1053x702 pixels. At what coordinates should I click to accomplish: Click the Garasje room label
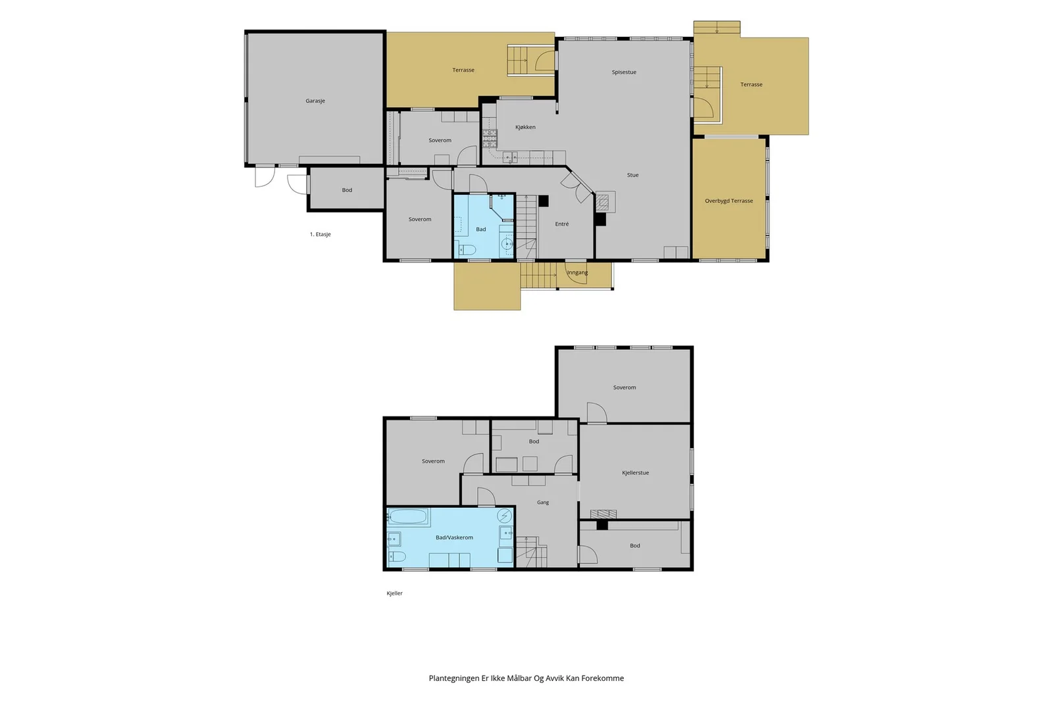pos(315,101)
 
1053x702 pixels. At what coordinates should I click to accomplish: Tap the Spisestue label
pos(624,72)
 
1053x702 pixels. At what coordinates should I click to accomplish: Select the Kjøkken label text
pos(525,127)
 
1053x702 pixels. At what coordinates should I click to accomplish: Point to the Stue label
pos(632,175)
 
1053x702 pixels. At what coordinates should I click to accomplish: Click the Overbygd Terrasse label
pos(729,201)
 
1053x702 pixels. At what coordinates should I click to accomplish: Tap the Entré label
pos(562,224)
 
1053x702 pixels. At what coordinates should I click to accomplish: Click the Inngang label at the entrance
pos(577,272)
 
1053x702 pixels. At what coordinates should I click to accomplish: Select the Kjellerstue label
pos(635,472)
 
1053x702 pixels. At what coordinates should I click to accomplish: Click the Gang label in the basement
pos(543,502)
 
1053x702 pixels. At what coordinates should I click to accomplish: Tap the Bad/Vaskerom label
pos(454,538)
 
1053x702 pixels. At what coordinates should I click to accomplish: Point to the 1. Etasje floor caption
pos(320,234)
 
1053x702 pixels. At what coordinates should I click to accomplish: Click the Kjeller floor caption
pos(394,593)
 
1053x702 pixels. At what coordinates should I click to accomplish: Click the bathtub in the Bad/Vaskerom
pos(408,517)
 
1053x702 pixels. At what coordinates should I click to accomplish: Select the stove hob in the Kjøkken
pos(490,139)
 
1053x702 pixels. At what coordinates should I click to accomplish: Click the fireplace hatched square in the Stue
pos(602,203)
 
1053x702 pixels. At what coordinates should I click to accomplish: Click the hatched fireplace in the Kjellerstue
pos(603,514)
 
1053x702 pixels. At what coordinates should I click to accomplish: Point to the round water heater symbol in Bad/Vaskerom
pos(505,515)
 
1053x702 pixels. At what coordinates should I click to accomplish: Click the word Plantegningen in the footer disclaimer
pos(453,678)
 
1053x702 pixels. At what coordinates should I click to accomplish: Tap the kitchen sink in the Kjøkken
pos(510,157)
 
